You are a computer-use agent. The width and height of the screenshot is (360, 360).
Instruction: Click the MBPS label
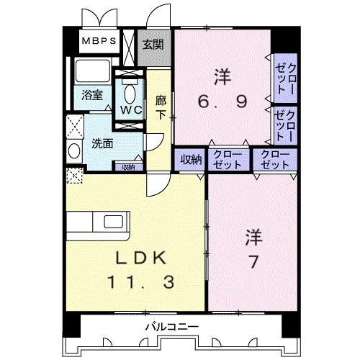pos(97,41)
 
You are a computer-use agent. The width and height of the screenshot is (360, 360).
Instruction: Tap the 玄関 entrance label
pos(152,43)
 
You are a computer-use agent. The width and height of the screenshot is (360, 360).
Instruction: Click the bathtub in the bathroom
pos(91,72)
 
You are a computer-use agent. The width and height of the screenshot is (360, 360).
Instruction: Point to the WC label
pos(130,110)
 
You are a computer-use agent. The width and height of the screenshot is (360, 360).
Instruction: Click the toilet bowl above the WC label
pos(130,92)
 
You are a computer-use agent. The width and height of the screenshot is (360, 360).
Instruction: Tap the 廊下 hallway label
pos(161,108)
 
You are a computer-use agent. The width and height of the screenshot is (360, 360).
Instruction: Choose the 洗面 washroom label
pos(102,143)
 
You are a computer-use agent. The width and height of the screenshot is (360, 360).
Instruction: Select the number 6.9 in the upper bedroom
pos(223,102)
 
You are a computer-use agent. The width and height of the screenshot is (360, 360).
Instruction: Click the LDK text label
pos(140,258)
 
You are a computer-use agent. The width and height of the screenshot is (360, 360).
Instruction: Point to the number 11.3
pos(140,282)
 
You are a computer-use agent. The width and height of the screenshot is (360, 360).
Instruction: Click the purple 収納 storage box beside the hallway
pos(191,160)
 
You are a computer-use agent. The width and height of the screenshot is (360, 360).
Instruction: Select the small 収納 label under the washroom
pos(127,167)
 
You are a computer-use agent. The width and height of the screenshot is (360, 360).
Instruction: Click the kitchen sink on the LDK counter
pos(114,220)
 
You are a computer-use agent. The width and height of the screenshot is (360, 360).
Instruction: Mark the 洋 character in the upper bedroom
pos(222,76)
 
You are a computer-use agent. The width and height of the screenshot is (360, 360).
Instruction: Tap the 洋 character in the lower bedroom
pos(253,235)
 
